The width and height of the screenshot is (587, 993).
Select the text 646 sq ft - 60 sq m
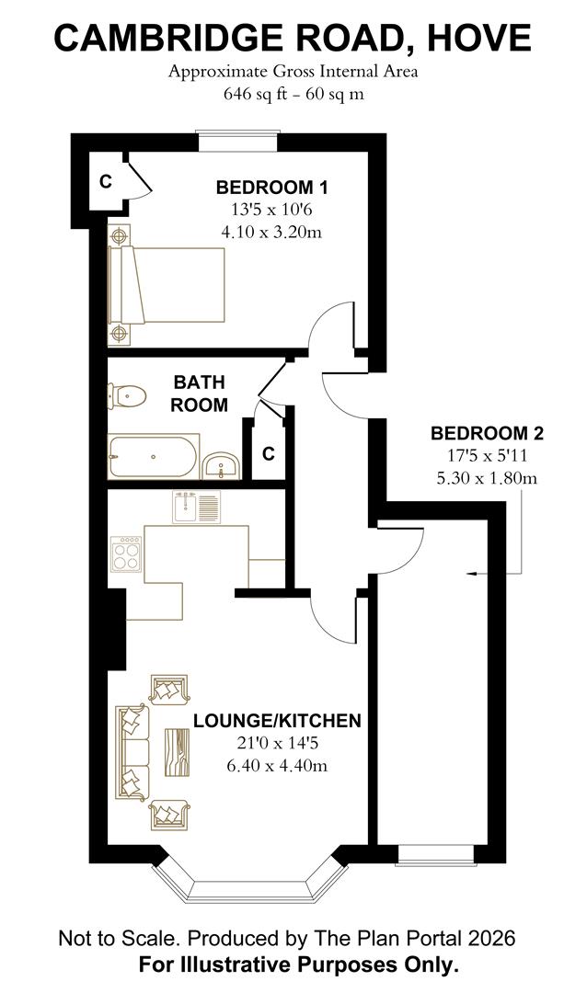point(293,94)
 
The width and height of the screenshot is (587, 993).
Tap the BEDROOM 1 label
point(271,188)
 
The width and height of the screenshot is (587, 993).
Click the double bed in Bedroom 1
point(167,284)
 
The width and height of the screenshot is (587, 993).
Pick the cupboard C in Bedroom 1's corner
point(106,182)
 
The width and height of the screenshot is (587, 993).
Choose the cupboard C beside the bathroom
point(269,454)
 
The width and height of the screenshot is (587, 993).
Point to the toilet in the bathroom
point(127,396)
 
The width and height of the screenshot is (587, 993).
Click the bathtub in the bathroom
point(152,457)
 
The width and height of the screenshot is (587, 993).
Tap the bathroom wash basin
point(221,464)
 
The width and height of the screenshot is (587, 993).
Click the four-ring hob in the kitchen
point(126,554)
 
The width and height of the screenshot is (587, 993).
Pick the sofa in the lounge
point(132,751)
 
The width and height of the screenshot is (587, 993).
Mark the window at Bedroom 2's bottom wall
point(437,858)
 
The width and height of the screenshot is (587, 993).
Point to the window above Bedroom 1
point(237,141)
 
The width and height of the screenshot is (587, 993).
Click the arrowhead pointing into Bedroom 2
point(472,574)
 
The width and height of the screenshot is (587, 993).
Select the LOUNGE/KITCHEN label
point(276,720)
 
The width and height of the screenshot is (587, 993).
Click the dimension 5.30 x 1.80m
point(487,477)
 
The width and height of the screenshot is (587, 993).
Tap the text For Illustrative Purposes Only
point(298,965)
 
